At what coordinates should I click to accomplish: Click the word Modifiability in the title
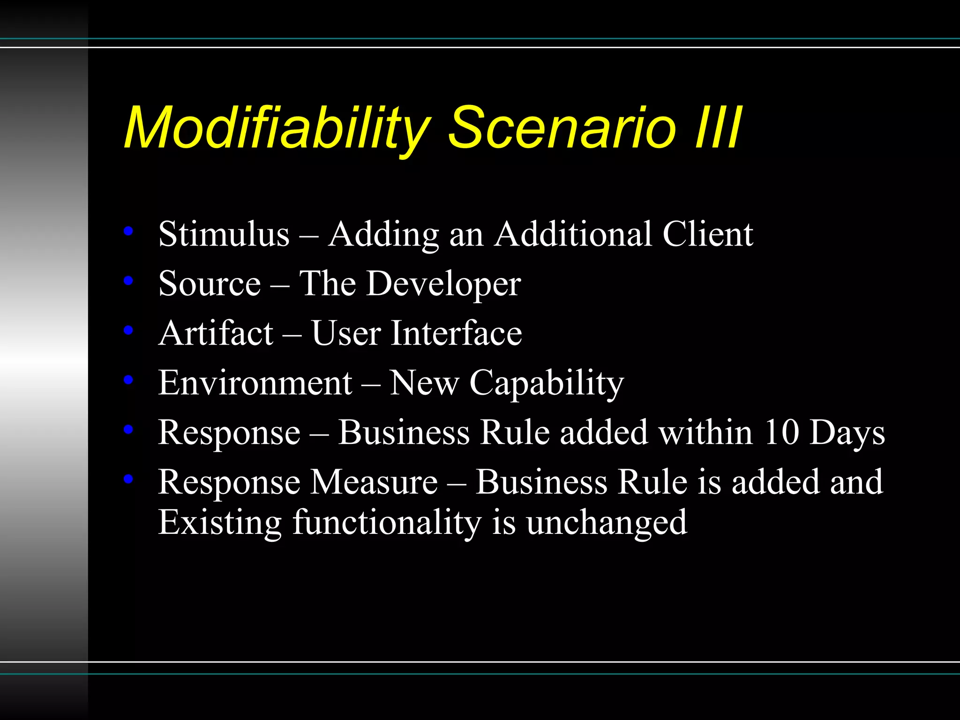[277, 127]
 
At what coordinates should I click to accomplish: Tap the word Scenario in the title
[562, 127]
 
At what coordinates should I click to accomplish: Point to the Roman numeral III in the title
[718, 127]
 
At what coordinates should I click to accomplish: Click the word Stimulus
[224, 234]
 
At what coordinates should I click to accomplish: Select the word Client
[707, 234]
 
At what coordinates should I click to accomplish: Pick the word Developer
[443, 284]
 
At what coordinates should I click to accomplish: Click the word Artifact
[216, 333]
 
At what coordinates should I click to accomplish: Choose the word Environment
[255, 383]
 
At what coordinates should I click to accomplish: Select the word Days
[847, 433]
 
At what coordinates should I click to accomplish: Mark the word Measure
[375, 482]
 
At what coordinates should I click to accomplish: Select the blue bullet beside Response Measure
[128, 479]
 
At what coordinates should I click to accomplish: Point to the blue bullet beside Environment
[128, 379]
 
